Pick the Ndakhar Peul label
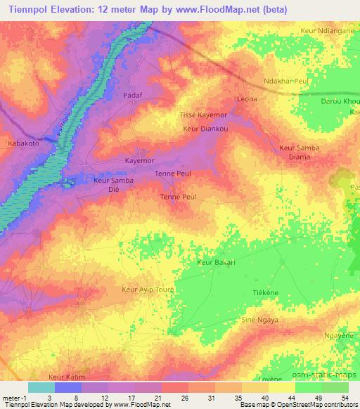[x=285, y=82]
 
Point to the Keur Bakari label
[x=216, y=263]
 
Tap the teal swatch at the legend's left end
[x=41, y=387]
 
